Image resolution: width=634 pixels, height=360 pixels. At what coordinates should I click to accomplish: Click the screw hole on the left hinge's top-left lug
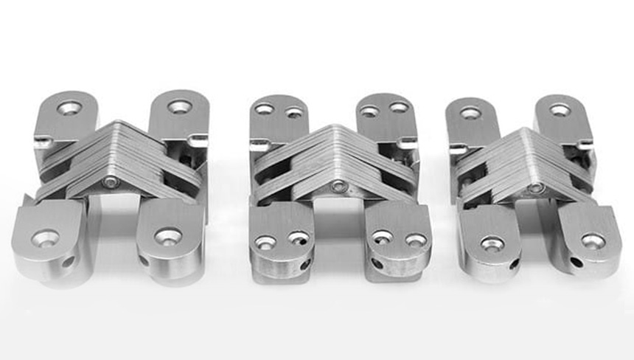(68, 108)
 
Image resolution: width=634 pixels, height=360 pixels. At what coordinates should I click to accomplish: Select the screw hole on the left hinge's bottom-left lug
(46, 238)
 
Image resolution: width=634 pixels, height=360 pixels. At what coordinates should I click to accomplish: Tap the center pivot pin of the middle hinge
(338, 186)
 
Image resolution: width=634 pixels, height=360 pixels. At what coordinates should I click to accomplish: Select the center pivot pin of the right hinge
(537, 187)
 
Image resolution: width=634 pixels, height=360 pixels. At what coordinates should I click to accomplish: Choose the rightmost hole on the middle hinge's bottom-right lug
(416, 240)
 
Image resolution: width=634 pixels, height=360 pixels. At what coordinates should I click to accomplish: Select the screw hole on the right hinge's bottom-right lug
(593, 241)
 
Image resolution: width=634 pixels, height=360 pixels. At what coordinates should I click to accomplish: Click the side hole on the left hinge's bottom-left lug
(69, 261)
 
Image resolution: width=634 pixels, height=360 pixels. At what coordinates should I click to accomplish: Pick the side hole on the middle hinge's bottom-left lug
(304, 264)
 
